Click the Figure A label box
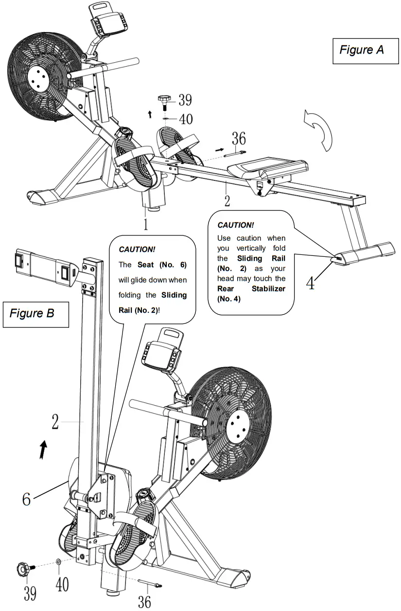click(362, 50)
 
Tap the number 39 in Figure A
click(185, 100)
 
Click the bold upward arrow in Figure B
click(44, 449)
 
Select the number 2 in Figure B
click(55, 422)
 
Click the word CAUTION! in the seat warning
click(137, 249)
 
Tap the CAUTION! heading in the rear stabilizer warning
click(235, 225)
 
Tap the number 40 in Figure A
click(185, 119)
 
